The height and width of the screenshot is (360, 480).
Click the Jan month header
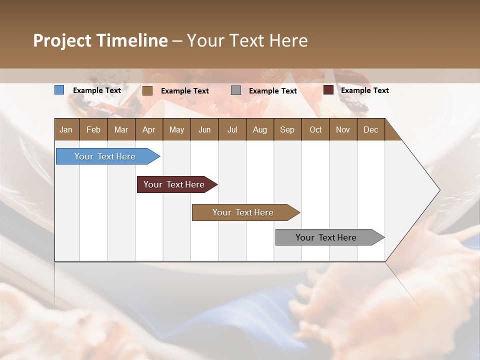66,129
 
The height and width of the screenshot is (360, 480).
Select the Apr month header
148,129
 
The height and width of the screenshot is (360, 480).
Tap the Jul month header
232,129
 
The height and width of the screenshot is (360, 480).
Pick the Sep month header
287,129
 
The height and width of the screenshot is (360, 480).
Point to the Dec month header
370,129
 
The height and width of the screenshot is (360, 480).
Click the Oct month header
315,129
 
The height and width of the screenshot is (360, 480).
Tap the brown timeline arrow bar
243,212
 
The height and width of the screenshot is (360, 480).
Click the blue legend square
59,90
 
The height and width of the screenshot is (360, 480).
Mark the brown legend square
147,90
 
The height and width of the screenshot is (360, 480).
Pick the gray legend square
236,90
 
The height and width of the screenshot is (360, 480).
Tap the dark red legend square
328,90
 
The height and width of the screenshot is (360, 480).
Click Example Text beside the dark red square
364,90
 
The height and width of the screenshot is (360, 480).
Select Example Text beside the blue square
97,90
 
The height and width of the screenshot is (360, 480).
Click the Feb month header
93,129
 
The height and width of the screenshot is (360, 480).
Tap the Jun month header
204,129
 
